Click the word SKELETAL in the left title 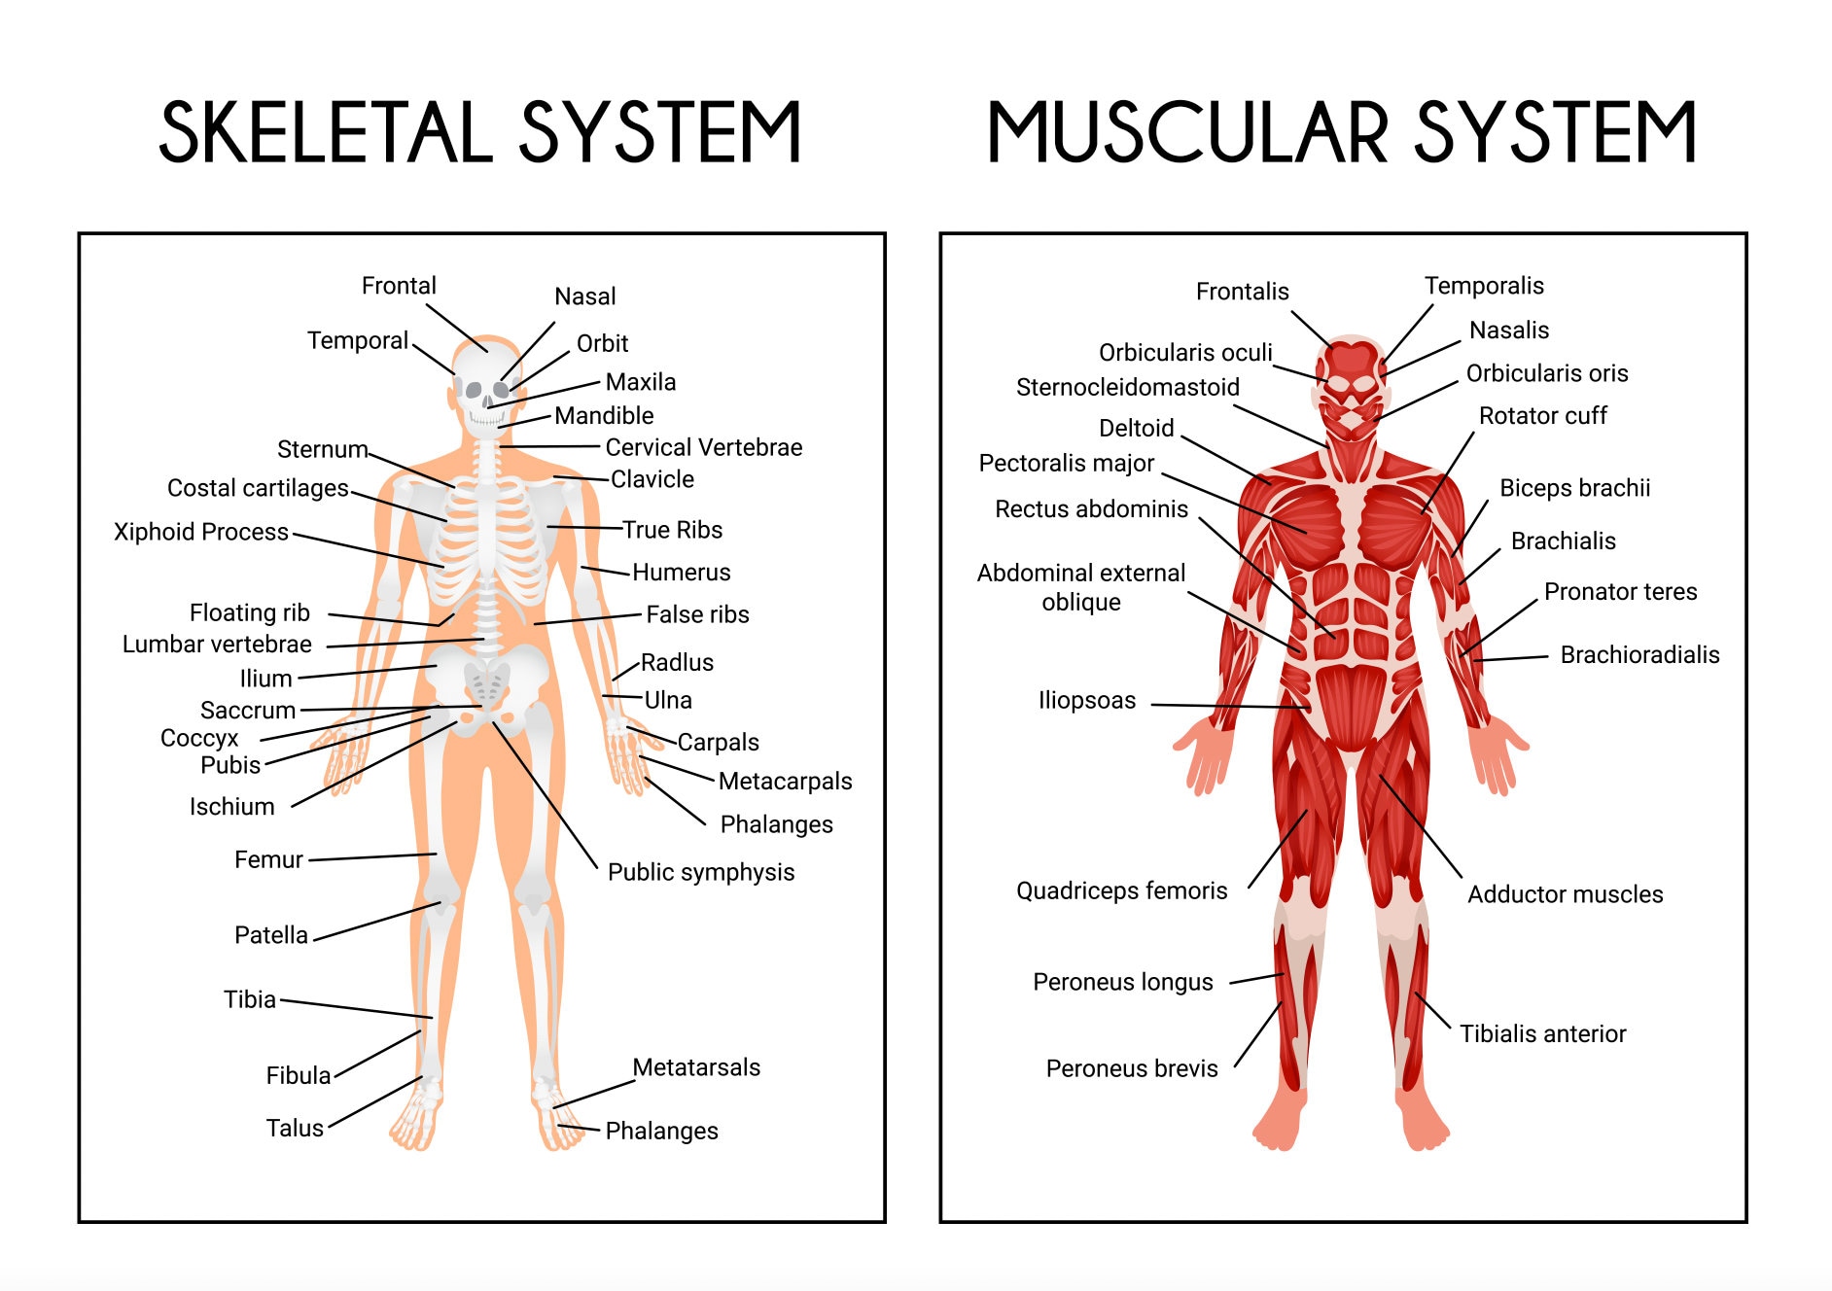pos(325,132)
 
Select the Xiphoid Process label pos(201,532)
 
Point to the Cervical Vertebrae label pos(703,447)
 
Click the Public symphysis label pos(700,872)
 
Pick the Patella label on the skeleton pos(270,935)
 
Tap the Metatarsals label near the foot pos(695,1067)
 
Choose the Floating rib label pos(249,612)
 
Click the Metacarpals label pos(785,782)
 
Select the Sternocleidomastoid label pos(1127,387)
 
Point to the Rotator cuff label pos(1542,416)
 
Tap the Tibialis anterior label pos(1542,1034)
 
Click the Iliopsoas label pos(1086,701)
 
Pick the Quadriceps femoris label pos(1121,890)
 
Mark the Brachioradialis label pos(1639,655)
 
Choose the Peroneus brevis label pos(1131,1068)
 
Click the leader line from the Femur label pos(371,857)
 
